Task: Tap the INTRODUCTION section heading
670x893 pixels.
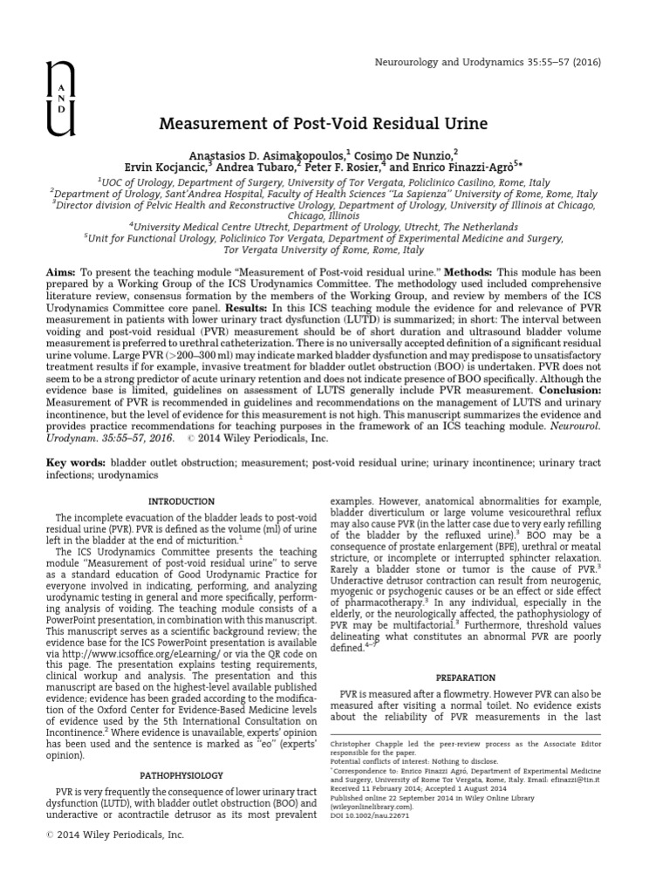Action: point(181,501)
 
